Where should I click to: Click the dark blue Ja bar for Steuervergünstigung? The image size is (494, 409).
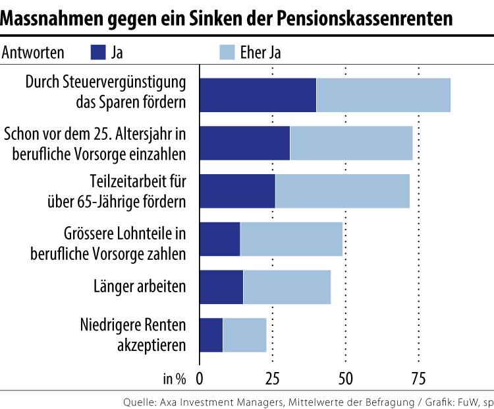(258, 95)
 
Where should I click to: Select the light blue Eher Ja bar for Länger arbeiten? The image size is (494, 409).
(287, 287)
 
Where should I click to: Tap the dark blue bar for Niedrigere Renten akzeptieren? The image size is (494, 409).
(211, 334)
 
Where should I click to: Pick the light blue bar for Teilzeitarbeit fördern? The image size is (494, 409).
(342, 191)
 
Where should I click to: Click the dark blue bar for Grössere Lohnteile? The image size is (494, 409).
(219, 239)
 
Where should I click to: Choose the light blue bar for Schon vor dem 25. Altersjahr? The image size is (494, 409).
(351, 143)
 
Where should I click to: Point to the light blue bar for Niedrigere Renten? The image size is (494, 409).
(244, 334)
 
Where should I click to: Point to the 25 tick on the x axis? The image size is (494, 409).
(272, 379)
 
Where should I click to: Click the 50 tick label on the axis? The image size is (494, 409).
(345, 379)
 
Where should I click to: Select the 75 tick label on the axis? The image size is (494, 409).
(418, 379)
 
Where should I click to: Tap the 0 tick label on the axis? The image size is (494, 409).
(200, 379)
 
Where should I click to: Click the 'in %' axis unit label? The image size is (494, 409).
(175, 379)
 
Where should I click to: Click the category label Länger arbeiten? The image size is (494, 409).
(140, 287)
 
